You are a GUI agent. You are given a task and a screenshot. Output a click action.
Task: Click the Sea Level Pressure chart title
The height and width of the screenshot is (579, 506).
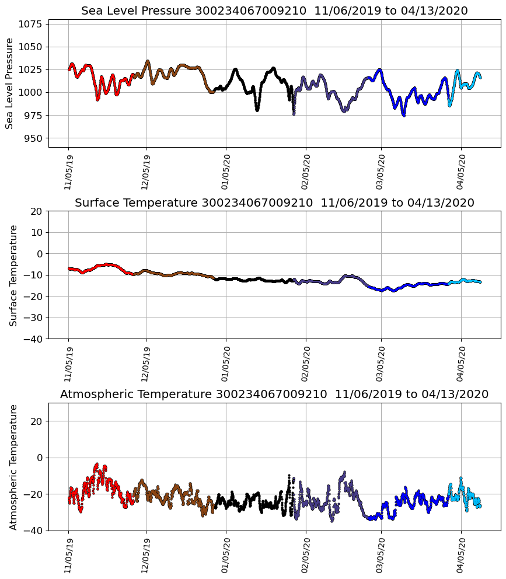274,11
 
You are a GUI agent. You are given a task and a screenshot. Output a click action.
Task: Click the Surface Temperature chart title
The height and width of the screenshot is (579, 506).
274,203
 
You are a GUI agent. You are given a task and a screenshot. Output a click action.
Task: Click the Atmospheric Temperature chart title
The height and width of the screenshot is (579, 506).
274,395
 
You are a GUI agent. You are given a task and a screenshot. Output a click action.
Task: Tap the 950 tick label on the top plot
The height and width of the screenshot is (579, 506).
33,138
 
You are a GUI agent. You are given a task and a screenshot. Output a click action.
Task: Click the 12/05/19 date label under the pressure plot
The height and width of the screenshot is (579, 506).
146,172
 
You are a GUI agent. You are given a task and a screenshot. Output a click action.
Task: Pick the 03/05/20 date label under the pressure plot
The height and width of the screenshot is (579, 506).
381,172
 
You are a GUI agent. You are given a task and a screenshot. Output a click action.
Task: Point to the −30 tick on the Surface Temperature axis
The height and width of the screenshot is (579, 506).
32,318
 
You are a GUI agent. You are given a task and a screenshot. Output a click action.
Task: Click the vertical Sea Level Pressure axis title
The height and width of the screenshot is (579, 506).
10,83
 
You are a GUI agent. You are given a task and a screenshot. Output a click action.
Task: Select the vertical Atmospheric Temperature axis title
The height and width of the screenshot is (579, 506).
13,467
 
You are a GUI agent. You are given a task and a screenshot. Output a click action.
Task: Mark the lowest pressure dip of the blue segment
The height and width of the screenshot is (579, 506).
403,116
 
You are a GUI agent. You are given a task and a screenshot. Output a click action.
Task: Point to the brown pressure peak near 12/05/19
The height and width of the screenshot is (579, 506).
148,61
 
